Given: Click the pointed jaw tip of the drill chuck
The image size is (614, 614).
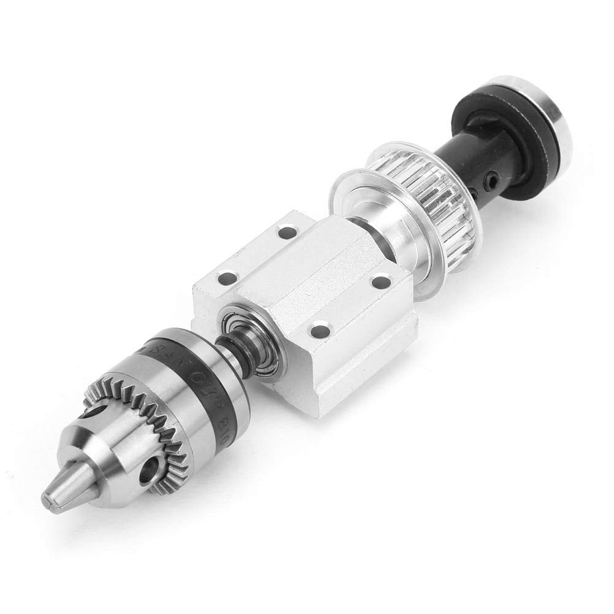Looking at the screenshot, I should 50,498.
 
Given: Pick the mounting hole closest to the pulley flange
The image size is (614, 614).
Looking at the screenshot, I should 381,282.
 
